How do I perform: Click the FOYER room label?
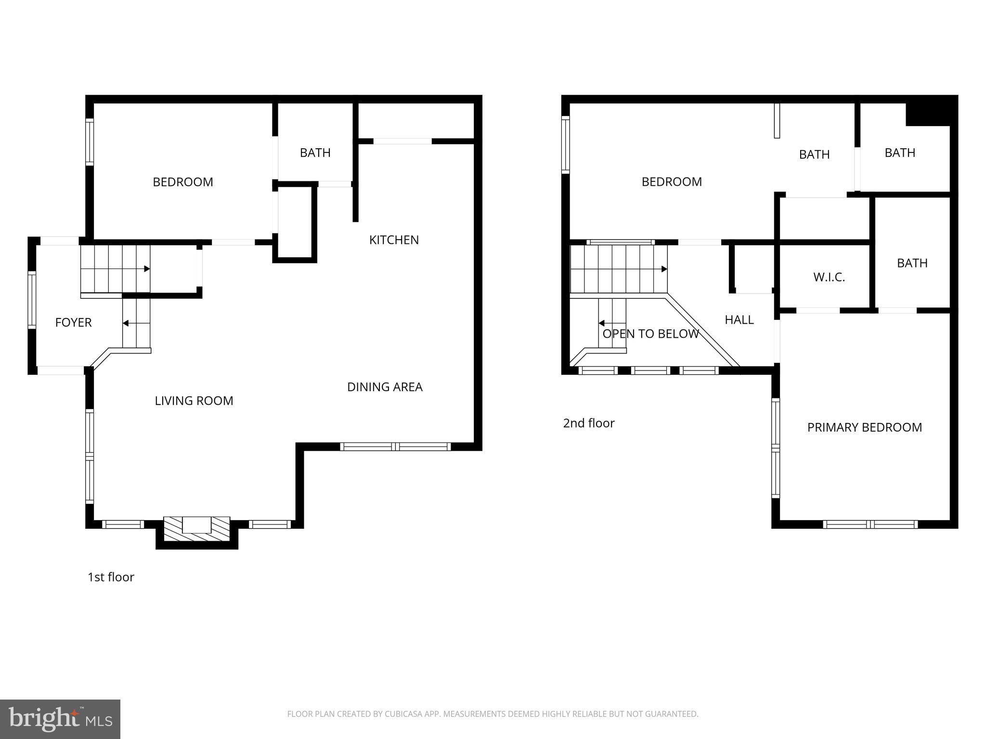73,322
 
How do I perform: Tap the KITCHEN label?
394,240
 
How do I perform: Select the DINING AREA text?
385,387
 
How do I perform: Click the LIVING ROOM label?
194,401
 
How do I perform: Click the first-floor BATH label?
315,153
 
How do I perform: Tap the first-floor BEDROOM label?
182,182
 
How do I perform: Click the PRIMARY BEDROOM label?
864,427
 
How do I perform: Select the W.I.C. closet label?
829,277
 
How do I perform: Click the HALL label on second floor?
739,319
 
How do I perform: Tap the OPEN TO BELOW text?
650,334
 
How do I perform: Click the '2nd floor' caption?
588,423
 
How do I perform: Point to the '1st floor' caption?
111,577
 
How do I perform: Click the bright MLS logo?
60,719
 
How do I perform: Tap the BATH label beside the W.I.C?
912,263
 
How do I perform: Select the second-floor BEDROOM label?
671,182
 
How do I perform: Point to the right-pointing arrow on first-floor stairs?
146,269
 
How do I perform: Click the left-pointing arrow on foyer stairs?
126,323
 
